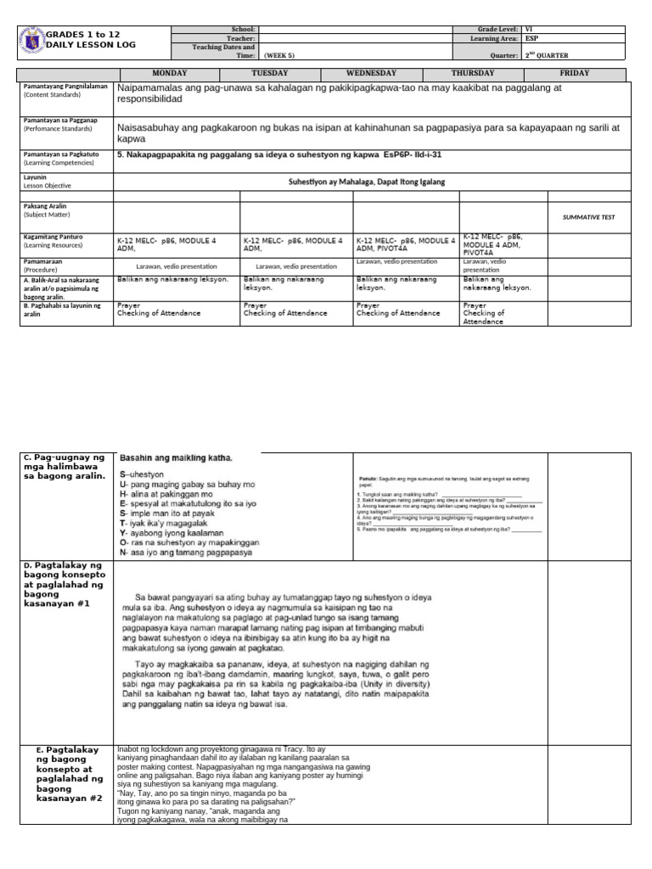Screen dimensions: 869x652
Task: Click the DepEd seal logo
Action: point(30,40)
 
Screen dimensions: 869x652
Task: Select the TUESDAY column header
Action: point(269,74)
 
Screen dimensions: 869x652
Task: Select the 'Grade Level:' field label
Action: point(495,30)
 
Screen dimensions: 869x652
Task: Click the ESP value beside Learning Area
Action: point(532,38)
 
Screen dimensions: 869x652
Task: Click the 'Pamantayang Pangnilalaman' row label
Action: point(65,87)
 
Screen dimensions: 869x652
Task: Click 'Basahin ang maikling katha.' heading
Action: point(176,458)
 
